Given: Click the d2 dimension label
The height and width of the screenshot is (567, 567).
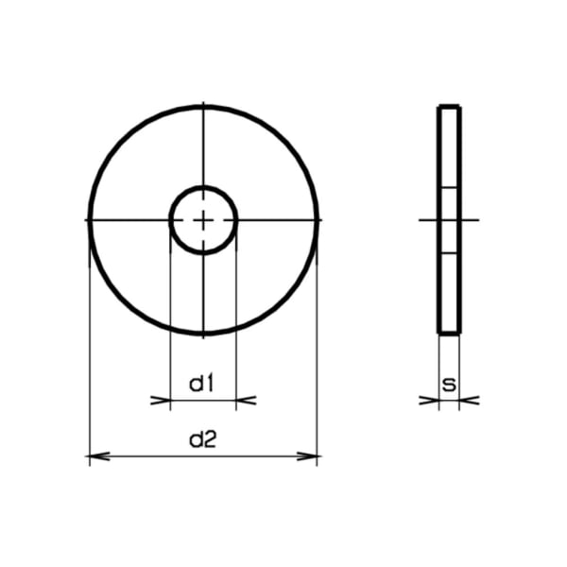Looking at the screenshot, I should click(x=203, y=439).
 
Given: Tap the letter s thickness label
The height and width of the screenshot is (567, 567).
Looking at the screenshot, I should click(x=449, y=384).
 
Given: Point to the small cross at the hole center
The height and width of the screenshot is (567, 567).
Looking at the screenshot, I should click(x=203, y=220).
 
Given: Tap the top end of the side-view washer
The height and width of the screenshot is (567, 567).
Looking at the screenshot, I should click(x=449, y=108).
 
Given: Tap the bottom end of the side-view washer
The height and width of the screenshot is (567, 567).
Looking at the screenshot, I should click(x=449, y=333).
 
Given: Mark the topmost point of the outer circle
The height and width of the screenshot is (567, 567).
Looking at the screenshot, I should click(x=203, y=106).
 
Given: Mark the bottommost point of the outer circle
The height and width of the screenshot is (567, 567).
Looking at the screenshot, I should click(x=203, y=334).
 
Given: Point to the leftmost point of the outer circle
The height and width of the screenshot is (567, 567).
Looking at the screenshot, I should click(x=89, y=220).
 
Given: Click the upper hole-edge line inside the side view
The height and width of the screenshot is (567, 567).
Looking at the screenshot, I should click(x=449, y=188).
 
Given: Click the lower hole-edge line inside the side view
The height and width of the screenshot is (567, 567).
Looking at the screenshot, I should click(x=449, y=253).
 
